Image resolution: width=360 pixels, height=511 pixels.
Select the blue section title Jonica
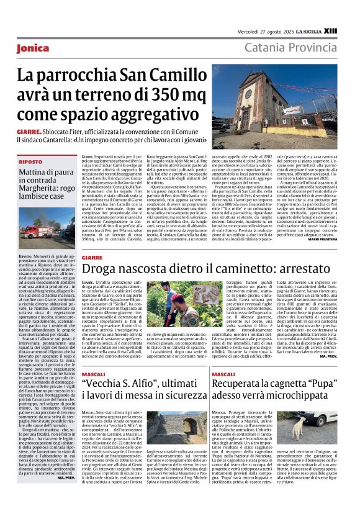(34, 48)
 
